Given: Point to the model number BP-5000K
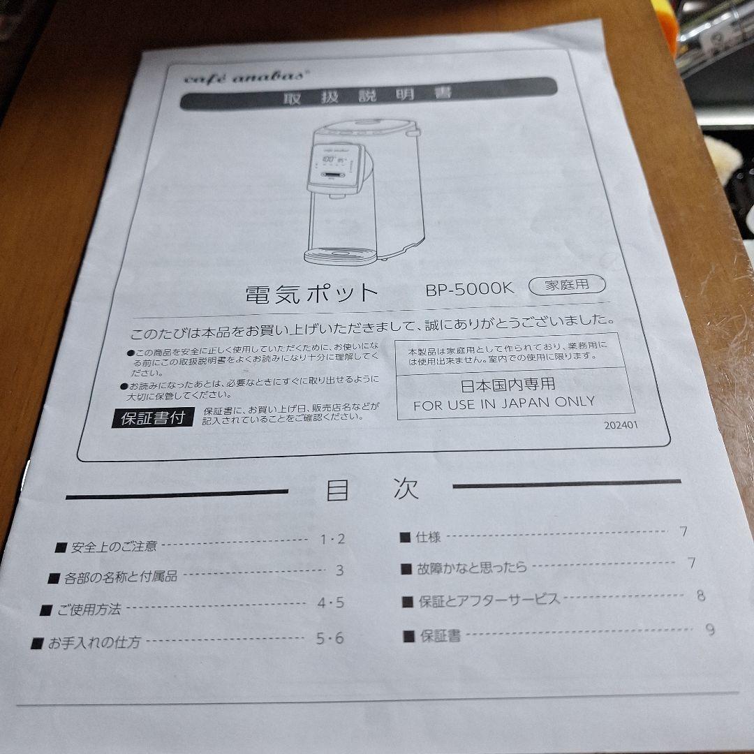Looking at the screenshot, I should click(469, 288).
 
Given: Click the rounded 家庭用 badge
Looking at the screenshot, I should click(567, 285).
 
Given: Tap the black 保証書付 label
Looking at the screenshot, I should click(152, 418).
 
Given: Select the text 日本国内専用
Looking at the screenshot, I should click(508, 384).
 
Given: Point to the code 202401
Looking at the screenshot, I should click(621, 424).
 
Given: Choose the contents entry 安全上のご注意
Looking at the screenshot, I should click(114, 547).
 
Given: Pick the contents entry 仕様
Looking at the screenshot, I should click(427, 537).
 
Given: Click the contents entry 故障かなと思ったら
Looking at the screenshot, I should click(471, 568).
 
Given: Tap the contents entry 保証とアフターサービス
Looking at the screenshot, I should click(489, 600).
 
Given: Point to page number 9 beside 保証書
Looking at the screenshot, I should click(710, 630).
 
